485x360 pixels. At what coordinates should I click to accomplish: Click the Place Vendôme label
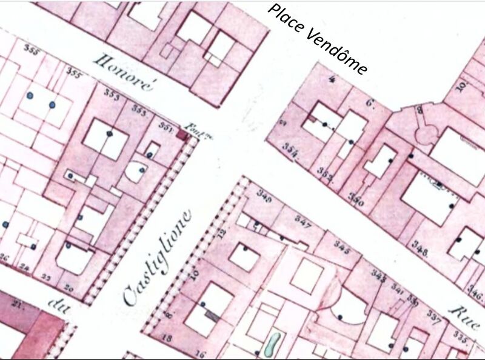point(317,39)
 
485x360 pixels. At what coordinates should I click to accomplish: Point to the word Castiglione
point(157,257)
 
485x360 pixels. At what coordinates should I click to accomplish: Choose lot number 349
point(264,195)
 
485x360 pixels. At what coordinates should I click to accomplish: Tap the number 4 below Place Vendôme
point(332,79)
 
